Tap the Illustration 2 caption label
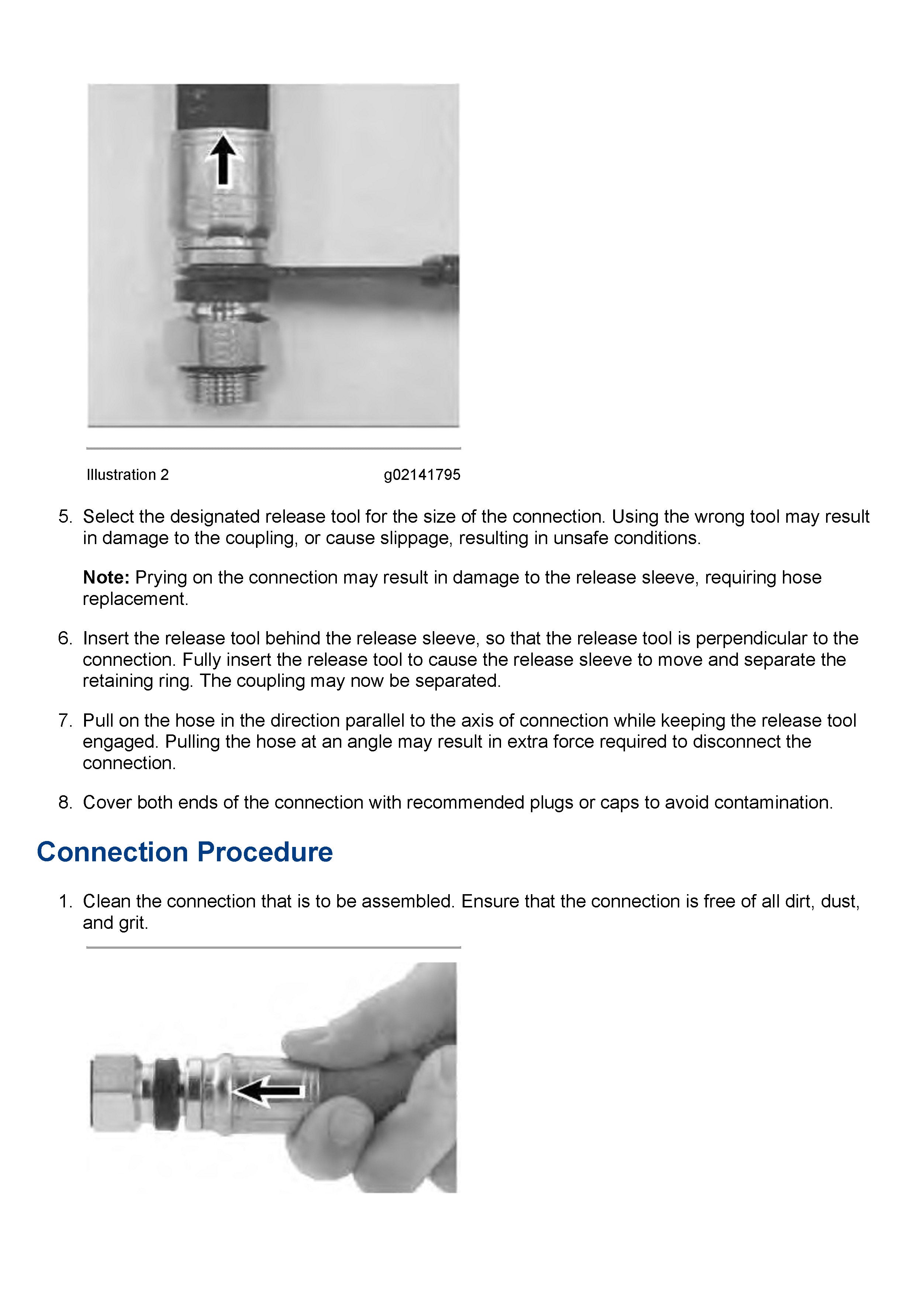127,475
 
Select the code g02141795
422,475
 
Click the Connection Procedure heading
184,852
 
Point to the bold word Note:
106,577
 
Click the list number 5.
65,517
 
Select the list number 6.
65,638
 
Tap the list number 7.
65,720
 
